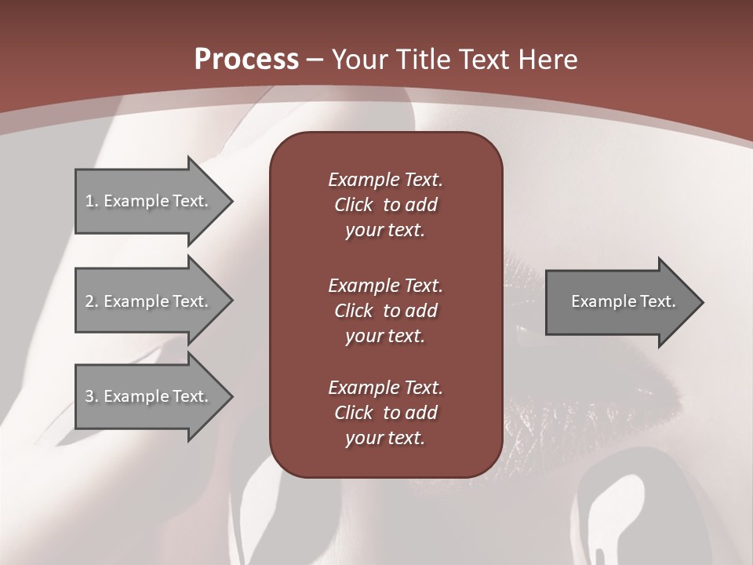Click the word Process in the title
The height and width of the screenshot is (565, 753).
click(246, 60)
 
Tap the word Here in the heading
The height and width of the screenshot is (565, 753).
click(546, 60)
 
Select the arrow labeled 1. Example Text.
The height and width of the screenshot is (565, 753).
click(149, 201)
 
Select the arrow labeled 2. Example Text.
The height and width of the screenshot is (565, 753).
click(149, 301)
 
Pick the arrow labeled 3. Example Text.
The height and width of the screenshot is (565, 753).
click(149, 396)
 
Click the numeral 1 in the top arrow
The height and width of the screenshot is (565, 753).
click(89, 201)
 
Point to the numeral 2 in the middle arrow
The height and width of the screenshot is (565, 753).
click(89, 301)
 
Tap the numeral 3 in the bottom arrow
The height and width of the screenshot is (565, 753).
click(89, 396)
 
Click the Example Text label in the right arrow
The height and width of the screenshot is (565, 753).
click(623, 301)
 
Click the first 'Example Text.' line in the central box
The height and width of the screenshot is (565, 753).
click(385, 180)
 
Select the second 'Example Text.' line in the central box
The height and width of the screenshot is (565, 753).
click(385, 285)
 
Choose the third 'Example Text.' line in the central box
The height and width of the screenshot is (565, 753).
click(385, 388)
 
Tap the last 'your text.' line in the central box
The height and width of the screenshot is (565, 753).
click(385, 439)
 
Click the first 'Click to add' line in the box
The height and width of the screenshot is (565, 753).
click(385, 205)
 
